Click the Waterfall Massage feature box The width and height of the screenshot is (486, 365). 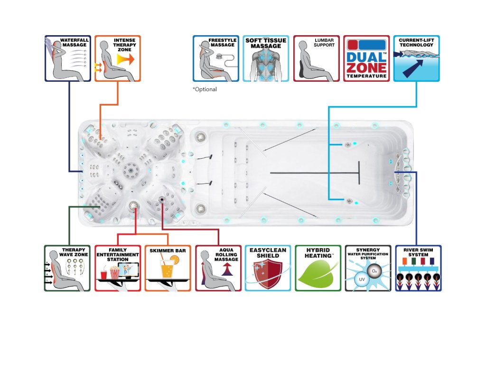pos(68,58)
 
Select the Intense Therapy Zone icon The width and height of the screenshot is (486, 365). pos(118,58)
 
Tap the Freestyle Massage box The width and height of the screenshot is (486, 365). pos(216,58)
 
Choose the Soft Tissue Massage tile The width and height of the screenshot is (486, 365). pos(266,58)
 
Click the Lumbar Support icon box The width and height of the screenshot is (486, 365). pos(316,58)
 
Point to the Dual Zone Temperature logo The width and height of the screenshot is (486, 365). pos(366,58)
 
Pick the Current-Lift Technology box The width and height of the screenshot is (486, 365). pos(416,58)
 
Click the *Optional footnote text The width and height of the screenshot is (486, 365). pos(205,89)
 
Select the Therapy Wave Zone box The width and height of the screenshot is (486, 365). pos(67,268)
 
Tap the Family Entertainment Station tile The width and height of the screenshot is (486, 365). pos(118,268)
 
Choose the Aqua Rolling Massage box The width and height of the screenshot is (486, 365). pos(218,268)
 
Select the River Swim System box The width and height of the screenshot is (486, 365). pos(418,268)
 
